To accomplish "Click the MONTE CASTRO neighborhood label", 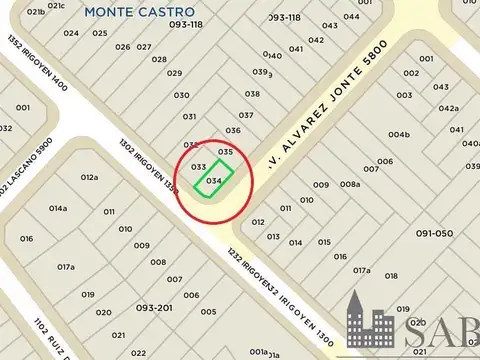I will point(125,12).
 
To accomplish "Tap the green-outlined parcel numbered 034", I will point(213,181).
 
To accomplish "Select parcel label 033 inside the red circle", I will point(198,166).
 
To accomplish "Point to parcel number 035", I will point(226,151).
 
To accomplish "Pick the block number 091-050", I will point(435,232).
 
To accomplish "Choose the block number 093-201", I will point(155,308).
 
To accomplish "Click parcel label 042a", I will point(448,109).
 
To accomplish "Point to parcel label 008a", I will point(350,185).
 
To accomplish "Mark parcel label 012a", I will point(90,177).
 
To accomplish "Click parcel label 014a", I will point(58,208).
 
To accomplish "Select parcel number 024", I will point(71,33).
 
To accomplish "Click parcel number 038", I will point(252,94).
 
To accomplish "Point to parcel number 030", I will point(181,95).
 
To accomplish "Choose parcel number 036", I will point(233,130).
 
